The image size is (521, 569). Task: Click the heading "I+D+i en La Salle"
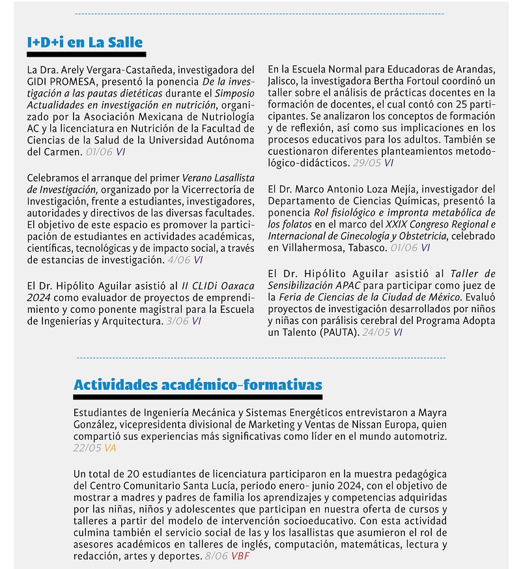85,43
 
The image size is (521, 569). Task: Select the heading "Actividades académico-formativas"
197,384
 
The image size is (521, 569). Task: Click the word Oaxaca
237,286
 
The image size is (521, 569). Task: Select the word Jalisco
284,81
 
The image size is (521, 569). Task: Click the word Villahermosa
311,248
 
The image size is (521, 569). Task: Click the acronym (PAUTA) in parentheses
337,332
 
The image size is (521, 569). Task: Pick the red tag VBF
240,556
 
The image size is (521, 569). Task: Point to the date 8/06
216,556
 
